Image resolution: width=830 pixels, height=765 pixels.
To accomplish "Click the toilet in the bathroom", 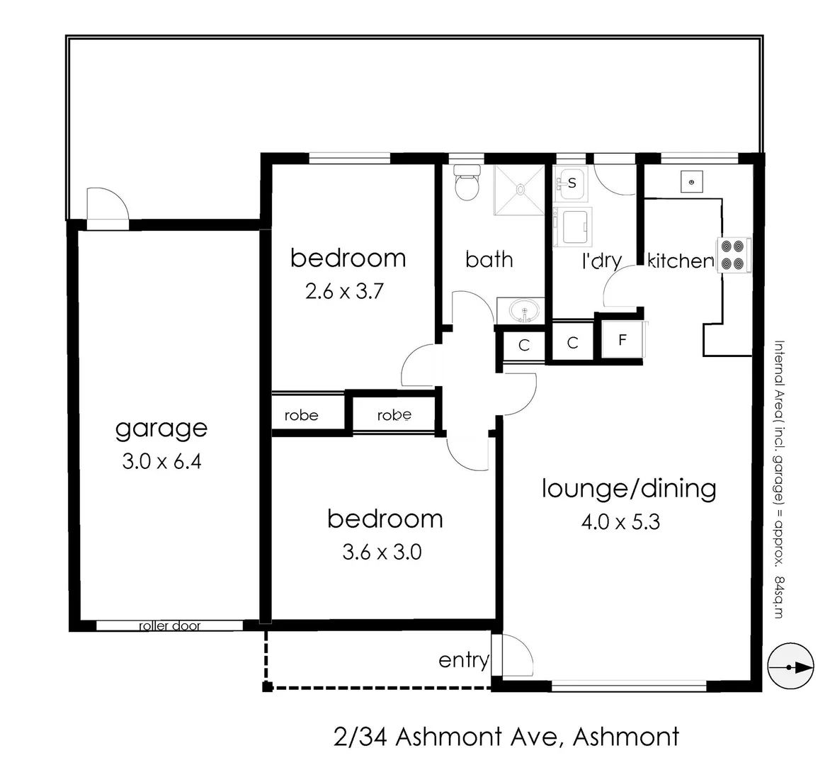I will click(x=466, y=183).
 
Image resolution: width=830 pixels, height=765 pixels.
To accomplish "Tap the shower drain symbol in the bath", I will click(x=521, y=189).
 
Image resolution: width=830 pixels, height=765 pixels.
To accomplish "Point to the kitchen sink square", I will click(x=691, y=182).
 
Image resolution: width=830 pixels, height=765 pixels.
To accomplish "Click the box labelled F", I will click(x=622, y=340).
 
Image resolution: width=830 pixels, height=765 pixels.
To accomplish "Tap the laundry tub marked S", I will click(x=571, y=183).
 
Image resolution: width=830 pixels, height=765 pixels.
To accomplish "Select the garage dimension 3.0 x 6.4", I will click(x=161, y=462).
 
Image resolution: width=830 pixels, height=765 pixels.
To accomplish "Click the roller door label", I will click(x=169, y=626).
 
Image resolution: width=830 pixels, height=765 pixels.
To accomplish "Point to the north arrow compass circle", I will click(x=790, y=667).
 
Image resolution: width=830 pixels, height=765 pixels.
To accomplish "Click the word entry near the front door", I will click(x=464, y=660).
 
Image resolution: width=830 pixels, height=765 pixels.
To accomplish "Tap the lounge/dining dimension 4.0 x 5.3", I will click(x=620, y=523).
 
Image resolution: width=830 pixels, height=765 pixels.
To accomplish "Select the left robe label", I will click(x=302, y=415).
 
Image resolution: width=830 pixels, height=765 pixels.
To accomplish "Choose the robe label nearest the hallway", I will click(x=394, y=415).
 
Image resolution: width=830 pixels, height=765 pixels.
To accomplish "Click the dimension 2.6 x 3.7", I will click(x=344, y=291).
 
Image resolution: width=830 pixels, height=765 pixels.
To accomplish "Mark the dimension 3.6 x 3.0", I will click(x=382, y=552).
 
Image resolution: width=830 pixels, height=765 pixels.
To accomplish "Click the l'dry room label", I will click(x=601, y=261).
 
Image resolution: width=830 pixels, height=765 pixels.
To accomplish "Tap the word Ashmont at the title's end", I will click(x=625, y=737).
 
